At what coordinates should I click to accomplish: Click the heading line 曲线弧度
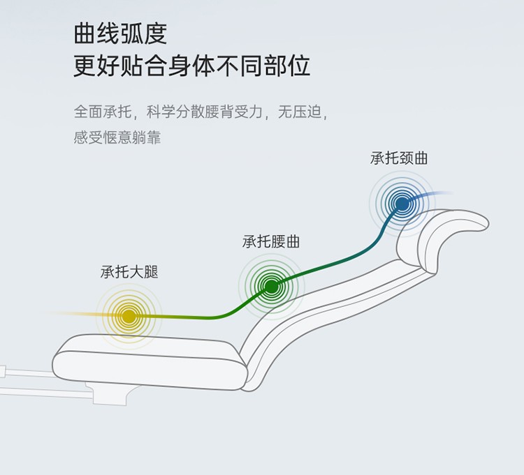[x=120, y=33]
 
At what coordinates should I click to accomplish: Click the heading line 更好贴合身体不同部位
[x=191, y=66]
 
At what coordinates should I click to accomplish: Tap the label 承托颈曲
[x=399, y=158]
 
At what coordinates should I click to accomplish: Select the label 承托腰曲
[x=270, y=241]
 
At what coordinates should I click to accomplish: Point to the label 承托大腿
[x=129, y=272]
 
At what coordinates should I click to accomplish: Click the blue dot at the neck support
[x=402, y=204]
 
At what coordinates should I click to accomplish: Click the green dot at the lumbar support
[x=271, y=286]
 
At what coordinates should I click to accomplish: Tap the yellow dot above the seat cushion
[x=129, y=317]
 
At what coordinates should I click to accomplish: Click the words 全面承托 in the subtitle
[x=103, y=112]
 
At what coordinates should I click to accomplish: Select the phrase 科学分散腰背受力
[x=205, y=112]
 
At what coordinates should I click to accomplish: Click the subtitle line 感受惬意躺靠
[x=117, y=137]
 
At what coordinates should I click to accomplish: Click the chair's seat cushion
[x=150, y=362]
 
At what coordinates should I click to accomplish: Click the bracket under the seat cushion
[x=110, y=393]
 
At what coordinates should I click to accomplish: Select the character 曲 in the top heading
[x=85, y=33]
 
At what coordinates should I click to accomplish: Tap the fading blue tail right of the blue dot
[x=431, y=195]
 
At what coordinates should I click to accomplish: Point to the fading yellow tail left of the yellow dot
[x=81, y=314]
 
